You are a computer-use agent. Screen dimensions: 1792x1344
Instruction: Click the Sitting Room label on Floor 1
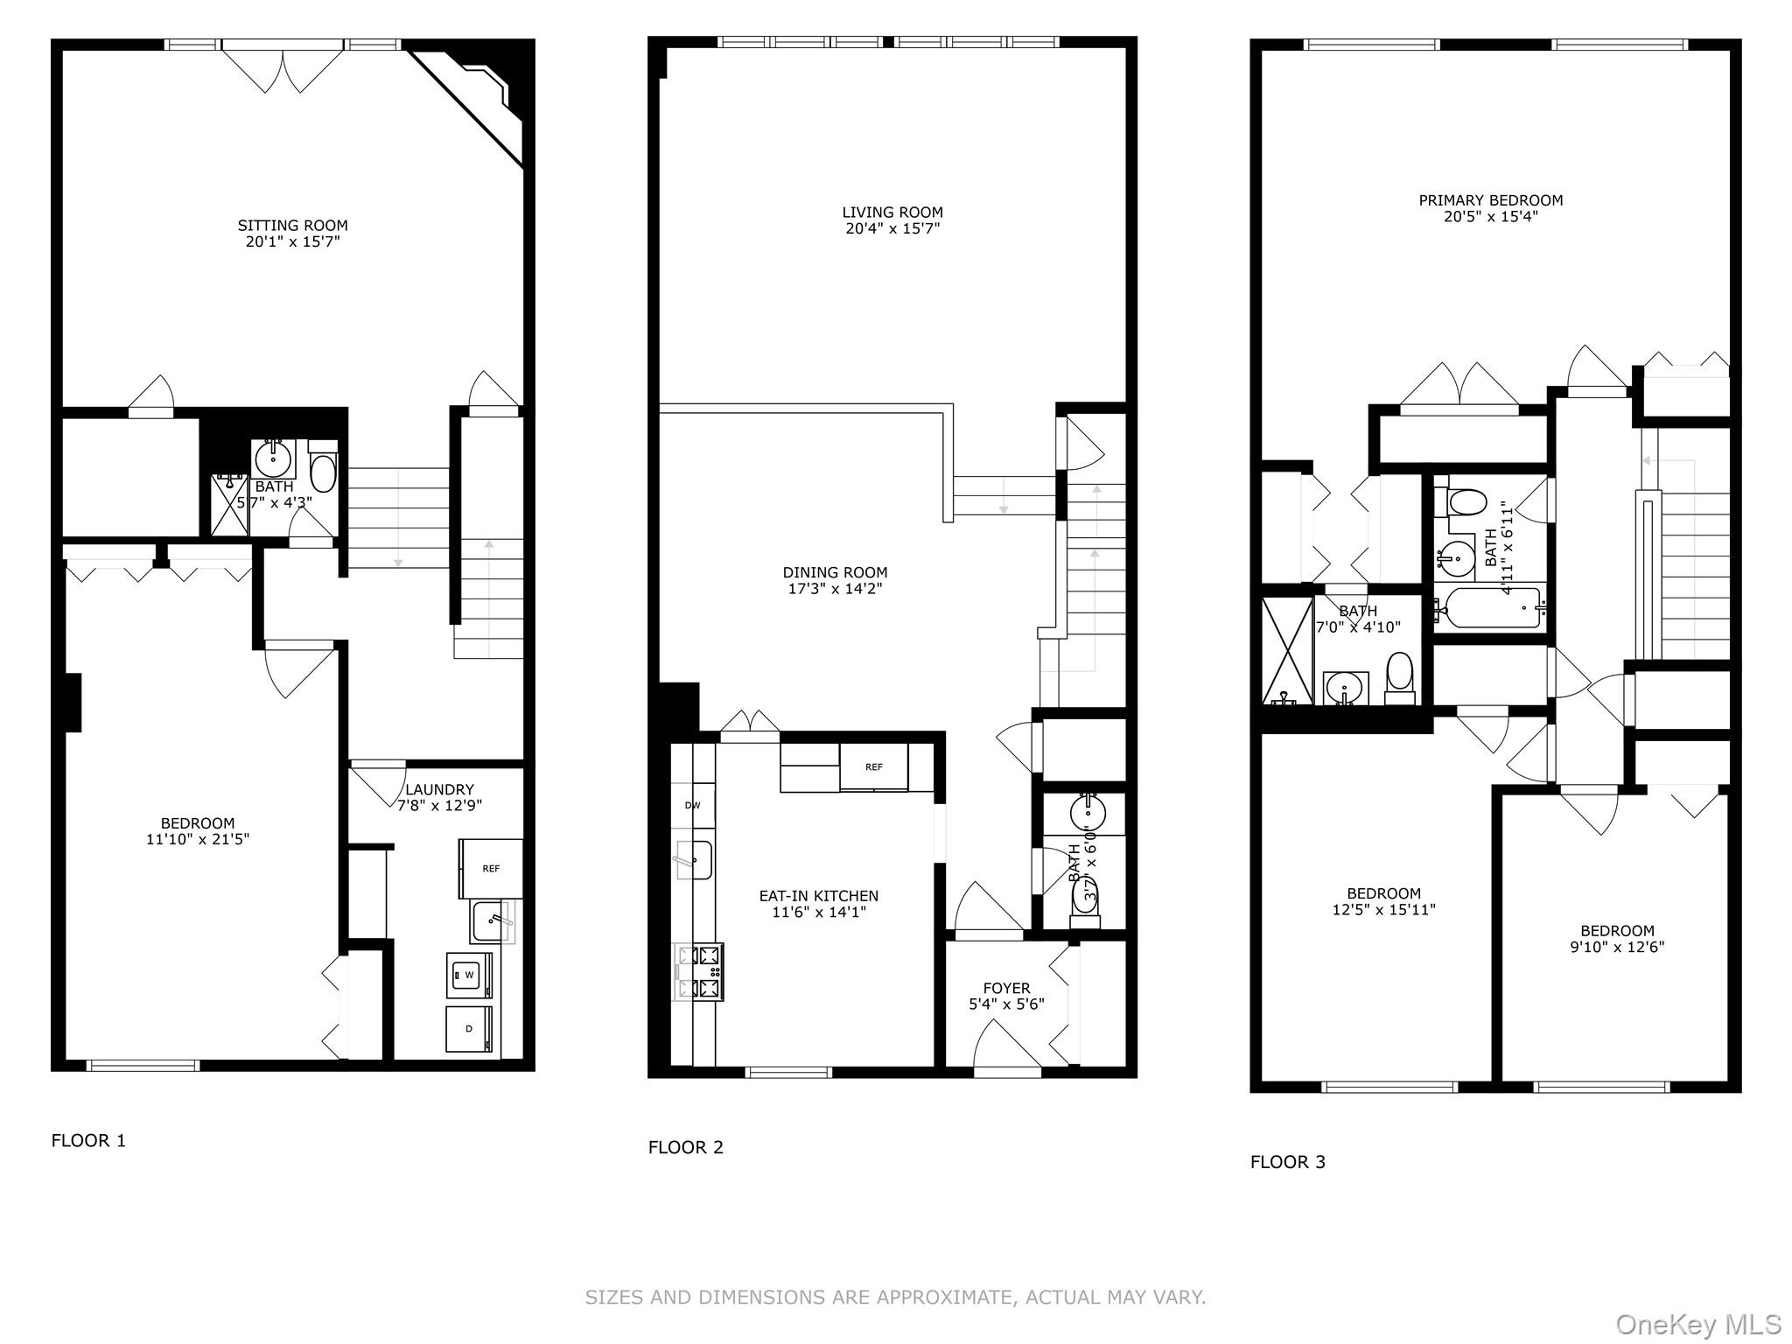click(292, 226)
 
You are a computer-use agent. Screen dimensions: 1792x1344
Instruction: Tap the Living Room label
click(892, 213)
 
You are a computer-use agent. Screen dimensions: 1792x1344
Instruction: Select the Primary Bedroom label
click(1491, 200)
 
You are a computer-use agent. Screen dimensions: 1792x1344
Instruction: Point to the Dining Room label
click(835, 573)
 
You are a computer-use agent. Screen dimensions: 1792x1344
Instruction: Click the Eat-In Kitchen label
click(818, 896)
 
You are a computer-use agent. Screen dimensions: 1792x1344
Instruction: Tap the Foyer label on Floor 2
click(1006, 989)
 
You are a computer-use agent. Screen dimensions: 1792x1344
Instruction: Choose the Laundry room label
click(439, 789)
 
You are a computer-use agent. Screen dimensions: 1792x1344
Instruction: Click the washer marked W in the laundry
click(469, 975)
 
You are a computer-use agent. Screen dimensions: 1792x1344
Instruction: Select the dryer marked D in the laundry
click(469, 1029)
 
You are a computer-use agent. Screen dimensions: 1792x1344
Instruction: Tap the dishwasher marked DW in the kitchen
click(693, 805)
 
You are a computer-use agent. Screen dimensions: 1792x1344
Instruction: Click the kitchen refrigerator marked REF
click(874, 767)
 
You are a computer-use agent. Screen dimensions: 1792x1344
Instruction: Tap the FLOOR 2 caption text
click(686, 1147)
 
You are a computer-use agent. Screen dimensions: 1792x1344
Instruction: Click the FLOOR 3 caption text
click(1288, 1162)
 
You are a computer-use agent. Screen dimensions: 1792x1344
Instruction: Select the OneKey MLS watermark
click(1698, 1325)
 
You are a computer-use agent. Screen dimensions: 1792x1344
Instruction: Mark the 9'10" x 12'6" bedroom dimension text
click(1617, 947)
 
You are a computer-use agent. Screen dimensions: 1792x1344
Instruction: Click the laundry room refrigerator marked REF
click(491, 869)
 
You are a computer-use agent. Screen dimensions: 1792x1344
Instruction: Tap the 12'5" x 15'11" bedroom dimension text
click(1383, 910)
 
